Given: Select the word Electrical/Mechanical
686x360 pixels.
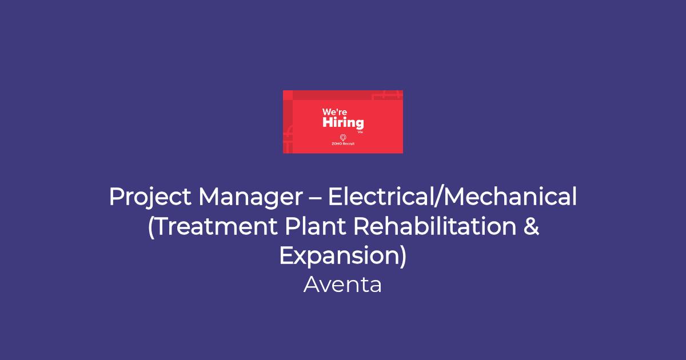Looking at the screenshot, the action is pos(452,196).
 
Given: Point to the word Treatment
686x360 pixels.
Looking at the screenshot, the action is pos(217,226).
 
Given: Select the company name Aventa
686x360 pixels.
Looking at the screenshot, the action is pos(342,285).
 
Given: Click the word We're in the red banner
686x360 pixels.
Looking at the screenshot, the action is pos(334,112).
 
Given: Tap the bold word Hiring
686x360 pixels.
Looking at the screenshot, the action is pos(343,123).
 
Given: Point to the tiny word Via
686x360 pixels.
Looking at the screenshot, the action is pos(360,132).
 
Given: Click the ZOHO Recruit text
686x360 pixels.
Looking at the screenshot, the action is pos(343,143).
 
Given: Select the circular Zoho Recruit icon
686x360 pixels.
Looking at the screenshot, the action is pos(343,138).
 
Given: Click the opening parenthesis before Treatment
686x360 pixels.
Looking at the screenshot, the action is pos(151,227).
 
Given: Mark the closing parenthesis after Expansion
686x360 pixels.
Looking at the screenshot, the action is pos(402,256).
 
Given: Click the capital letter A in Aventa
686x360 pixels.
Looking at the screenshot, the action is pos(312,285).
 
